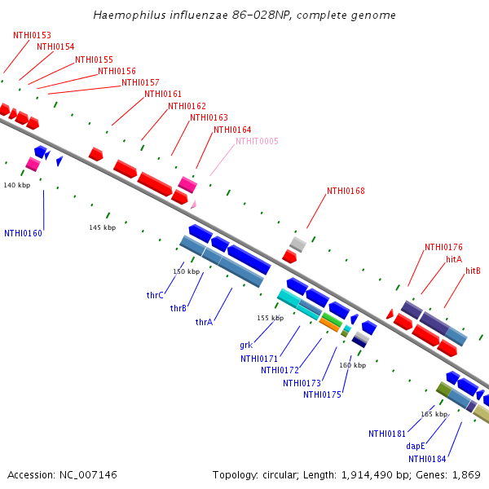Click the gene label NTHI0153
click(32, 35)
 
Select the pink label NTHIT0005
click(257, 141)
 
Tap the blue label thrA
click(204, 322)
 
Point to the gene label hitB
click(473, 271)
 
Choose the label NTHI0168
click(346, 191)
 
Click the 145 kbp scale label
click(103, 227)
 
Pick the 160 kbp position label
click(352, 365)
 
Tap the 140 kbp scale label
click(17, 185)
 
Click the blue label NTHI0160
click(23, 233)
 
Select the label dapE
click(416, 446)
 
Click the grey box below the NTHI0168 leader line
click(297, 244)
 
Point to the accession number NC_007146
click(88, 474)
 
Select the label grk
click(246, 346)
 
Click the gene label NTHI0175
click(322, 394)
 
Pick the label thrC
click(155, 295)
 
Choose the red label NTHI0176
click(444, 247)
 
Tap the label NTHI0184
click(427, 459)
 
